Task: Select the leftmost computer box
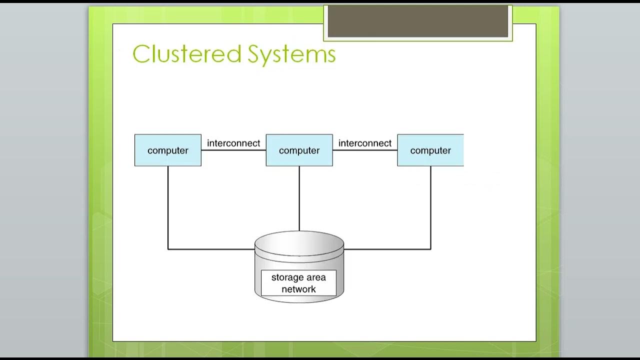coord(168,150)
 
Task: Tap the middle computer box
coord(299,150)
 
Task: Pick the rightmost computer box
coord(430,150)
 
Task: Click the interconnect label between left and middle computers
coord(233,143)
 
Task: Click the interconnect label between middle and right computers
coord(365,143)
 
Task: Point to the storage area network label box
coord(298,283)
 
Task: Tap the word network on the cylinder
coord(298,289)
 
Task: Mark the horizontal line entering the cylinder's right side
coord(387,249)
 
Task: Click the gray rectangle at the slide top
coord(417,21)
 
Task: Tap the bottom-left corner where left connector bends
coord(168,249)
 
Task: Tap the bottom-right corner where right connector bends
coord(430,249)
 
